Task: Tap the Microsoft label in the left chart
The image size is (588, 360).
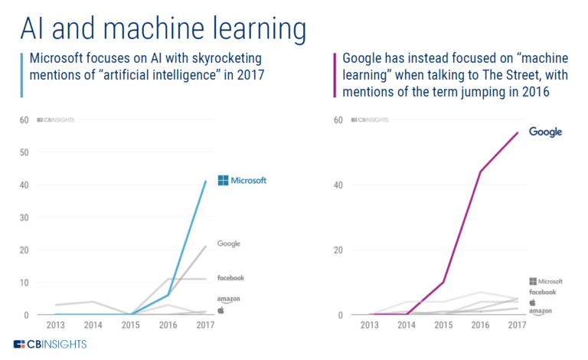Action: [x=242, y=181]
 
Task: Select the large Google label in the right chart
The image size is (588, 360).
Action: [x=545, y=132]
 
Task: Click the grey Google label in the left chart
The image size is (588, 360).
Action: [x=229, y=244]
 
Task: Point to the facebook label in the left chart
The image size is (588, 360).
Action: [x=230, y=277]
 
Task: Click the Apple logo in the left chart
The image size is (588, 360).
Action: [x=220, y=310]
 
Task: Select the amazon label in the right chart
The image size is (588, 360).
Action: [x=543, y=310]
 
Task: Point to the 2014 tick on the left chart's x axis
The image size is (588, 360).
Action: [x=93, y=326]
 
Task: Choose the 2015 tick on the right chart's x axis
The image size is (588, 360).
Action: [x=443, y=326]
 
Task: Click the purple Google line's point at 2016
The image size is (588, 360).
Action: [x=480, y=171]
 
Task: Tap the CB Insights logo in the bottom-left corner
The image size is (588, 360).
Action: [x=50, y=344]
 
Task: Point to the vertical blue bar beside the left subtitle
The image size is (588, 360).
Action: [x=21, y=74]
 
